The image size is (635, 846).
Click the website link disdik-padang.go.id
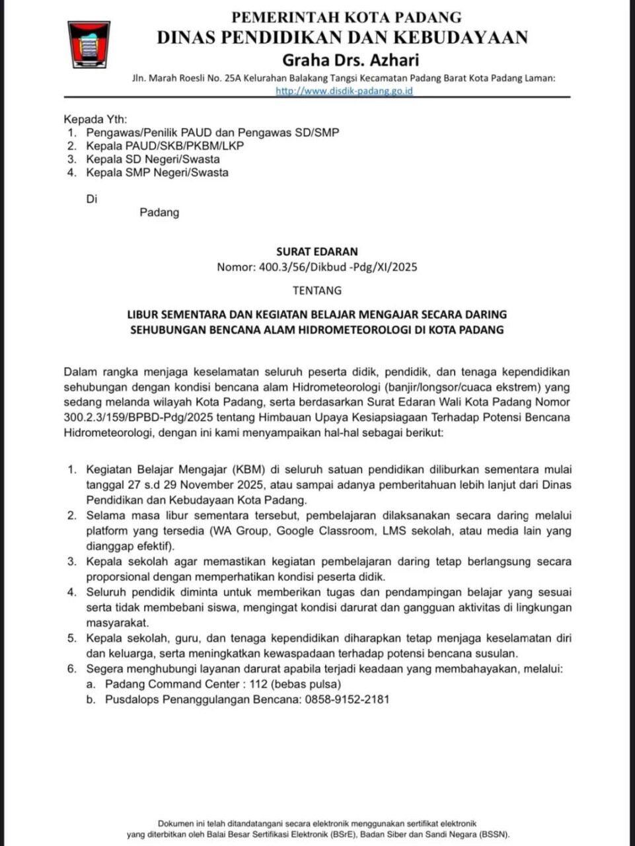click(344, 91)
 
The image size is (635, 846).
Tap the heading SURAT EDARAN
click(317, 251)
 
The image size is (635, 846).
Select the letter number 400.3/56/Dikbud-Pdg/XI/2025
click(317, 268)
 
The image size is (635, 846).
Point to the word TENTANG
click(317, 290)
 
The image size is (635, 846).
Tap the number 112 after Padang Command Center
click(260, 684)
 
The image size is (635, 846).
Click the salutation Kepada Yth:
click(90, 120)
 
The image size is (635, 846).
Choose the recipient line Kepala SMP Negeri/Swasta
click(157, 173)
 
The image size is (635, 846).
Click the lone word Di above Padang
click(92, 198)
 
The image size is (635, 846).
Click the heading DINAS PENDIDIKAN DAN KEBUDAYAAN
click(342, 38)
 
